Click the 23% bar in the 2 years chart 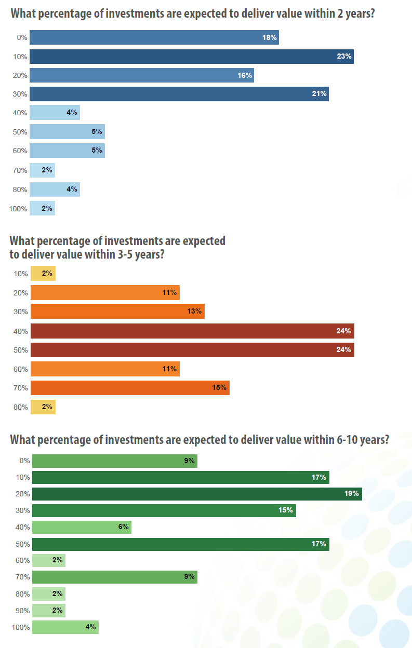point(191,57)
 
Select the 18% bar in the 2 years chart point(154,37)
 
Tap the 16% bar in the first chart point(141,75)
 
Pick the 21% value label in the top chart point(319,94)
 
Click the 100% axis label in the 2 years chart point(18,209)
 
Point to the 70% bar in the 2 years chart point(42,170)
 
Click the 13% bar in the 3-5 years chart point(117,312)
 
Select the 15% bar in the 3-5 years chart point(130,388)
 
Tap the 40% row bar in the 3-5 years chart point(192,331)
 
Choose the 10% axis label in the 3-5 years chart point(21,274)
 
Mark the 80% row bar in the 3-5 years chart point(43,407)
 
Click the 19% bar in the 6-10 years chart point(197,494)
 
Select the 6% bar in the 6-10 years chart point(82,527)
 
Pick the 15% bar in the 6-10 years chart point(164,510)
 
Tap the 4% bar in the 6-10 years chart point(65,627)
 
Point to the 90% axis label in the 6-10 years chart point(23,611)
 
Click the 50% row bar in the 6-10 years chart point(180,544)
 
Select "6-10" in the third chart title point(348,440)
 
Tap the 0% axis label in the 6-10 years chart point(24,461)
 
